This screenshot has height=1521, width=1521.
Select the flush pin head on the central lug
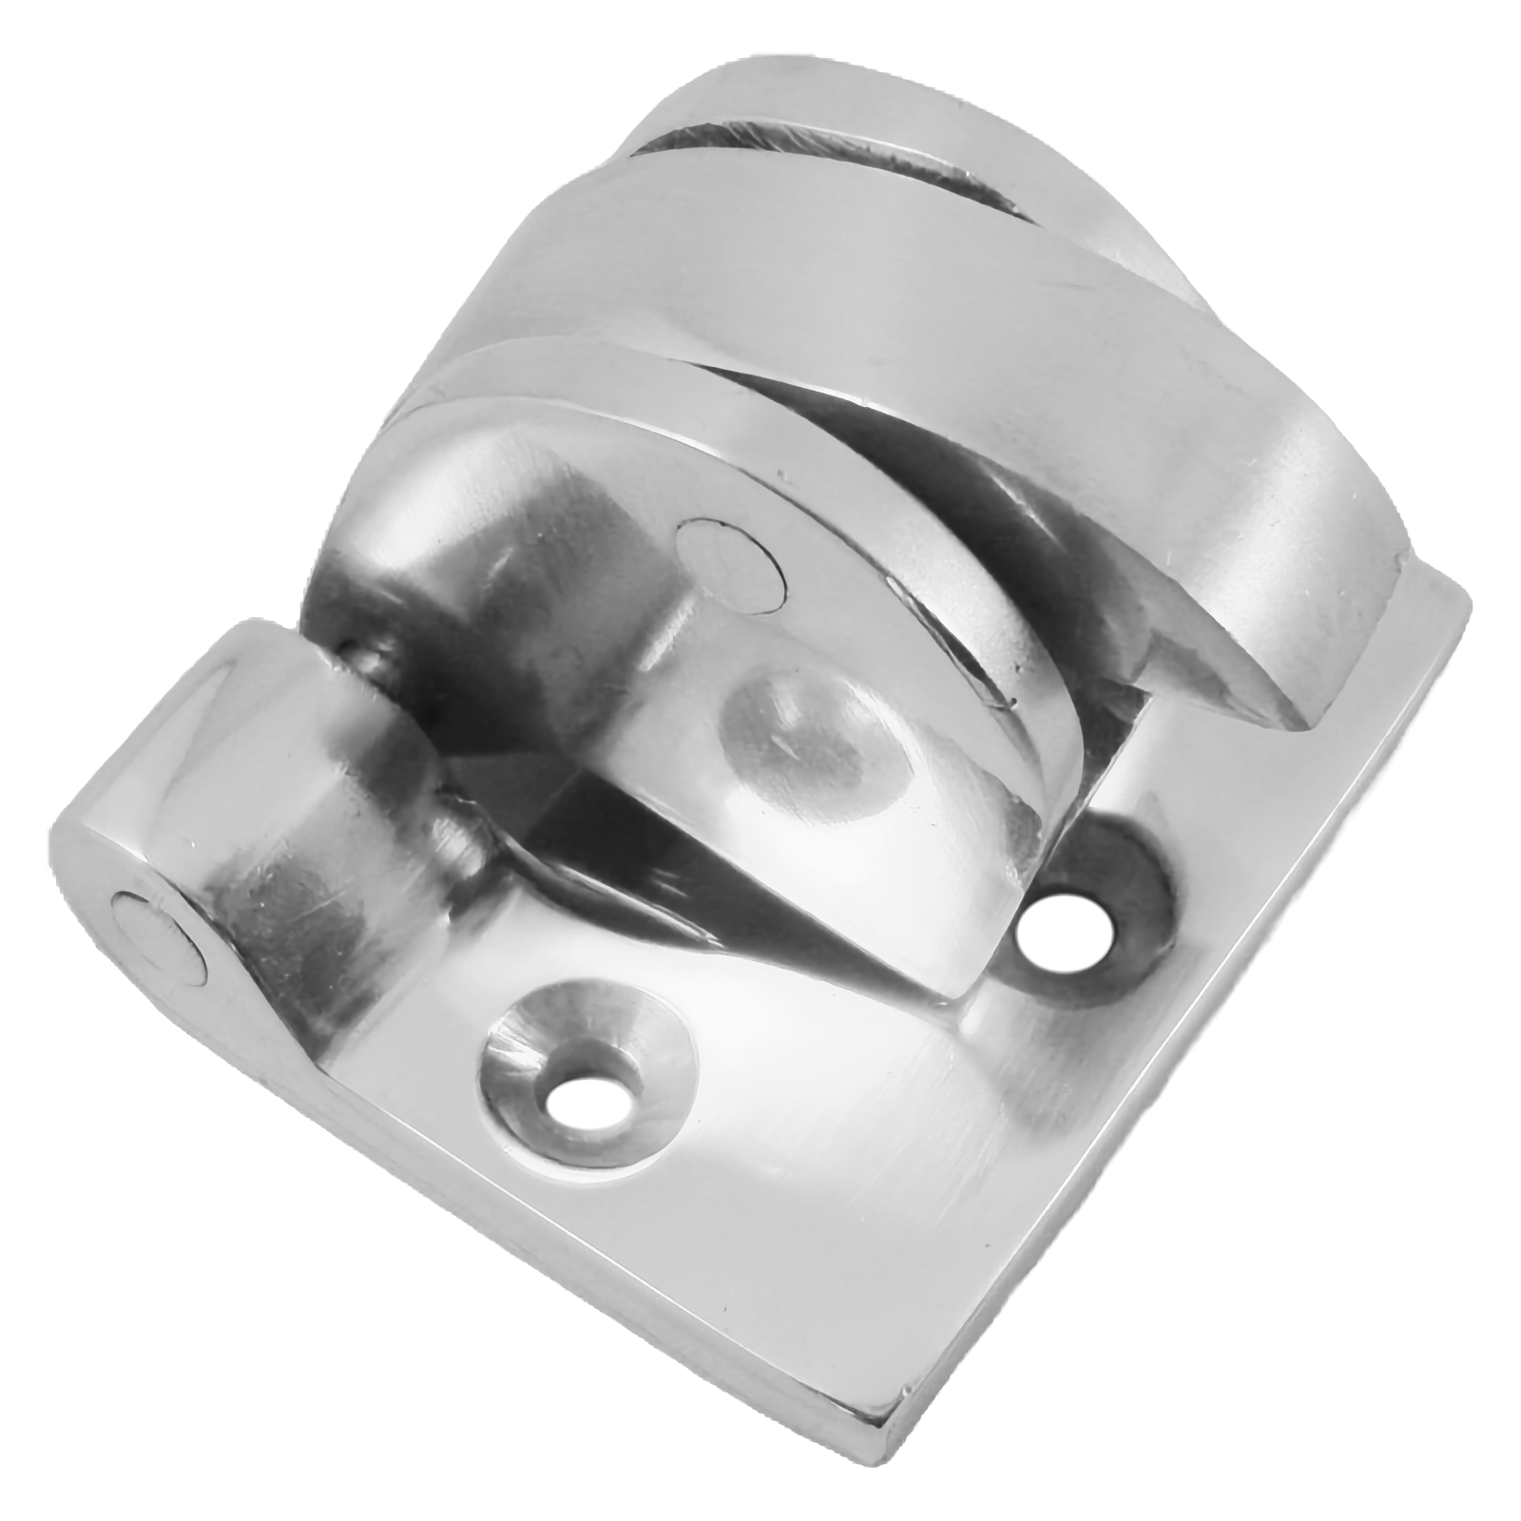click(730, 560)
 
